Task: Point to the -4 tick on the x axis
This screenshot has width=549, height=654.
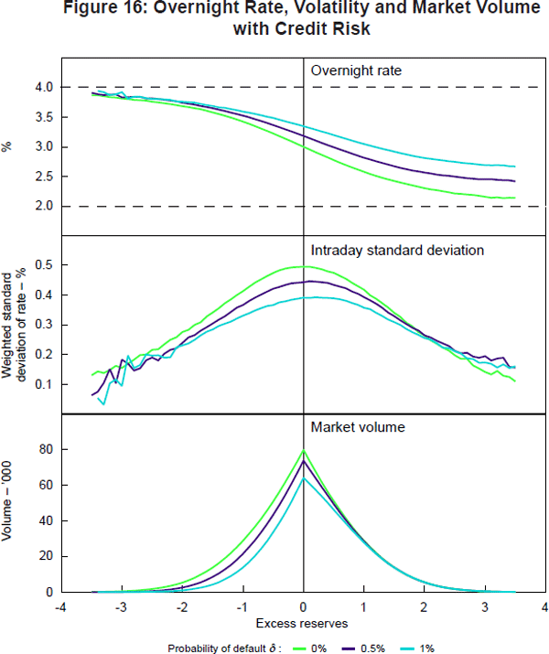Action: (60, 607)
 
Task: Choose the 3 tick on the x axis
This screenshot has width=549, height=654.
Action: (484, 607)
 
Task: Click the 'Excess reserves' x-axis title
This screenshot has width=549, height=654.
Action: (302, 623)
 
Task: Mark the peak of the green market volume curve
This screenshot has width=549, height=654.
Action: (303, 450)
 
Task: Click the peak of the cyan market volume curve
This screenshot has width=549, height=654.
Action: (303, 477)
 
